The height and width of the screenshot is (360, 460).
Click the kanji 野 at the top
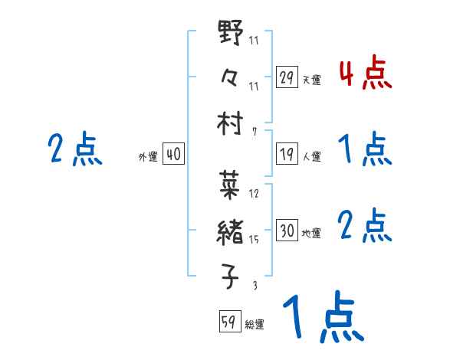[x=231, y=34]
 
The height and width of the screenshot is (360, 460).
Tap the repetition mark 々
[x=231, y=78]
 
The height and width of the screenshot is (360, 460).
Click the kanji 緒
[x=231, y=231]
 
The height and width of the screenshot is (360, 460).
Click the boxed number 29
[x=287, y=77]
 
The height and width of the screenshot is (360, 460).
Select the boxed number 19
[x=287, y=153]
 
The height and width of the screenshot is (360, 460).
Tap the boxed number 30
[x=287, y=231]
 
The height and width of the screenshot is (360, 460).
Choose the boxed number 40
[x=173, y=154]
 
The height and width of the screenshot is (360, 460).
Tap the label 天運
[x=311, y=80]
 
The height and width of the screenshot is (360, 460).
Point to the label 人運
[x=311, y=156]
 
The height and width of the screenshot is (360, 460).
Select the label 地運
[x=311, y=233]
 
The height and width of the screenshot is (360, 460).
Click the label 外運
[x=148, y=156]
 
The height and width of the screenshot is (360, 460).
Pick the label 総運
[x=255, y=324]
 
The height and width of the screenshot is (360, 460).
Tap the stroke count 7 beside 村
[x=255, y=131]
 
